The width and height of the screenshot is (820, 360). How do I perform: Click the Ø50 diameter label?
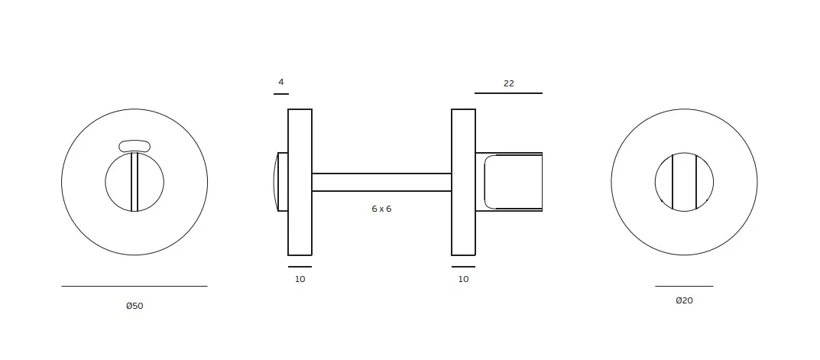click(135, 306)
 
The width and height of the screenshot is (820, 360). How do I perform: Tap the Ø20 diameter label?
click(684, 300)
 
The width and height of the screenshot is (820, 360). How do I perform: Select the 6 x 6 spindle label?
click(381, 209)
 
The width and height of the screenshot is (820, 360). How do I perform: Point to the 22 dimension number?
click(509, 83)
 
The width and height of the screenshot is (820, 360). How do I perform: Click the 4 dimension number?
click(280, 82)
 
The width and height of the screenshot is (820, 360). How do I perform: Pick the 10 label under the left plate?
click(300, 280)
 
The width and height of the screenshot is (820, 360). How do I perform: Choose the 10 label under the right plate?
click(463, 280)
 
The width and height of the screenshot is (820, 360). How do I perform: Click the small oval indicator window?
click(135, 146)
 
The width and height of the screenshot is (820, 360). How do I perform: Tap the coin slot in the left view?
click(135, 182)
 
